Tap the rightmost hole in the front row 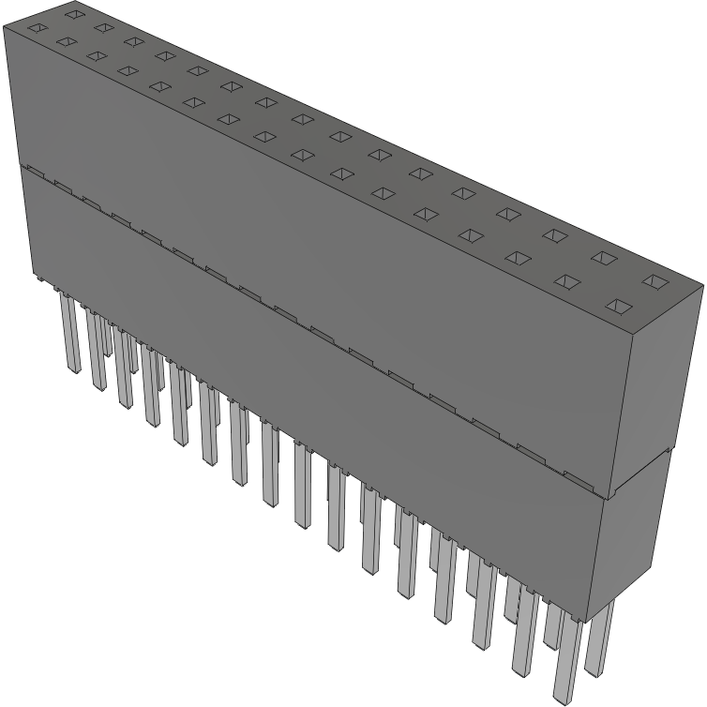[x=618, y=306]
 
